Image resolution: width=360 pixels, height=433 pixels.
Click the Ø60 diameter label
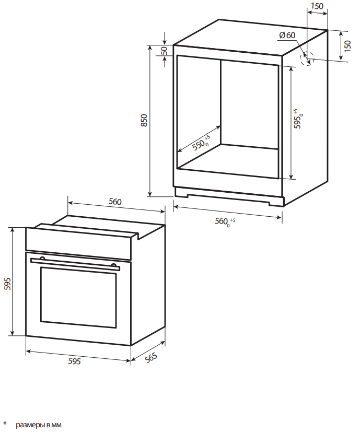click(x=287, y=36)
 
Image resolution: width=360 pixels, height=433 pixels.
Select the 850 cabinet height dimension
click(x=144, y=121)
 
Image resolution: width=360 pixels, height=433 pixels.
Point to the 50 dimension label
click(x=164, y=51)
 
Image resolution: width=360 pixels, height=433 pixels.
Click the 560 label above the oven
click(x=115, y=202)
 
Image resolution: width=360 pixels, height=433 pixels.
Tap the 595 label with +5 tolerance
click(x=298, y=119)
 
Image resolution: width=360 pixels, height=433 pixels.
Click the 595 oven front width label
click(x=75, y=361)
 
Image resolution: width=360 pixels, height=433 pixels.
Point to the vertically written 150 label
click(x=347, y=45)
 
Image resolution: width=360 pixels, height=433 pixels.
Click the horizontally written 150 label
click(x=317, y=6)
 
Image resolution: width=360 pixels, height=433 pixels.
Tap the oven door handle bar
click(x=75, y=264)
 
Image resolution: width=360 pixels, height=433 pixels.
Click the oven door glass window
click(x=78, y=297)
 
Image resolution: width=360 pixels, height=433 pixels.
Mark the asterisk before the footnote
click(x=5, y=423)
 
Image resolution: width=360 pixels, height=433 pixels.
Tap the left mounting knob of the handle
click(x=42, y=259)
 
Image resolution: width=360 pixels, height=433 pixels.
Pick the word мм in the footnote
click(x=57, y=425)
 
